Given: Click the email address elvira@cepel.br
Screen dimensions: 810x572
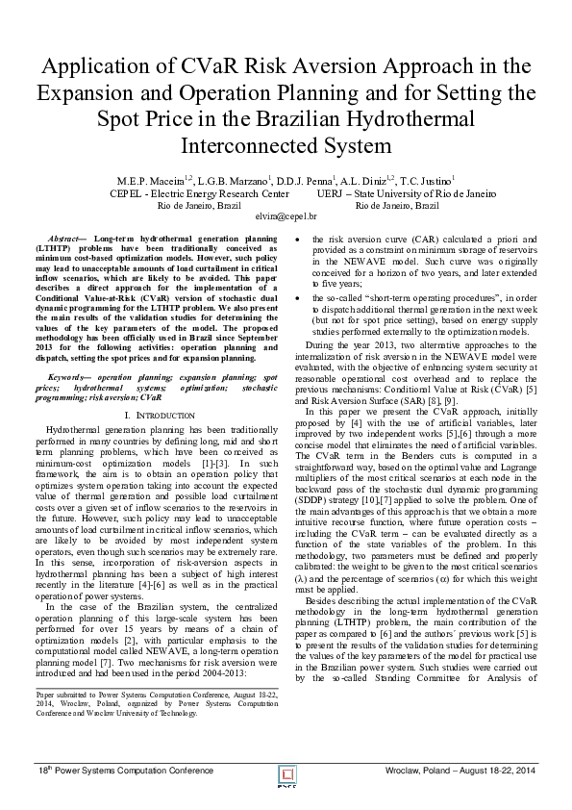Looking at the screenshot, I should pos(286,217).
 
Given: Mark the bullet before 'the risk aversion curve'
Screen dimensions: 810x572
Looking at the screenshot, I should pos(302,238).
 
